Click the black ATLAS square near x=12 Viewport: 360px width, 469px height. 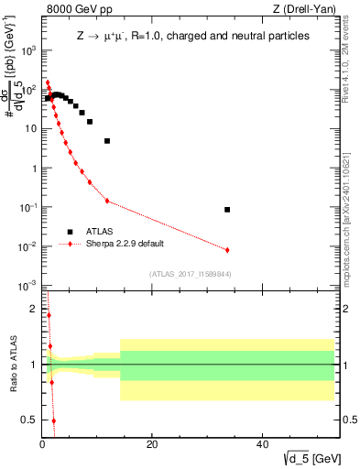[x=107, y=141]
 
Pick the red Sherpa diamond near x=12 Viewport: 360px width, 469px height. [x=107, y=201]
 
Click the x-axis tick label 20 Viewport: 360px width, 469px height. [x=152, y=445]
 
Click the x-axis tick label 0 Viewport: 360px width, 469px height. [x=42, y=445]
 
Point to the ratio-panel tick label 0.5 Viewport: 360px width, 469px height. [x=30, y=420]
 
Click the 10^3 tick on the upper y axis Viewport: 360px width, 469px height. [x=28, y=50]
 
